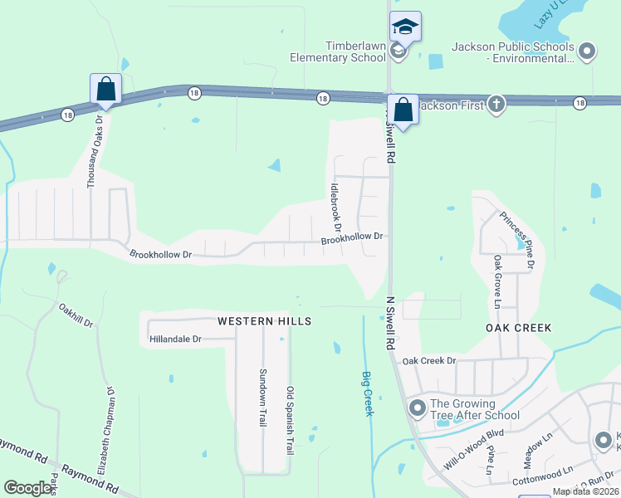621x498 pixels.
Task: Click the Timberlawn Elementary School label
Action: (x=337, y=51)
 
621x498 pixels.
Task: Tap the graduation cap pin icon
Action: (x=405, y=28)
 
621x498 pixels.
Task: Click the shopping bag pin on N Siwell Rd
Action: (x=403, y=110)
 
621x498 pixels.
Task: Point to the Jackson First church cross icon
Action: (x=496, y=104)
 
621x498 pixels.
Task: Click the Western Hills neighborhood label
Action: (x=264, y=320)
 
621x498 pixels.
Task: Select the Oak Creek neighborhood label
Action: (x=519, y=328)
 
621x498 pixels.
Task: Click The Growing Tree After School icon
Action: (x=417, y=408)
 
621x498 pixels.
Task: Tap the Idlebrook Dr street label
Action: (x=336, y=207)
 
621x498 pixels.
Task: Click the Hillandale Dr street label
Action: (x=175, y=339)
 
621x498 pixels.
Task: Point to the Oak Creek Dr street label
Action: (x=429, y=361)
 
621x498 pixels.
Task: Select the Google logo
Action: (x=29, y=488)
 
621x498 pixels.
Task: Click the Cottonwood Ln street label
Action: (x=543, y=471)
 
